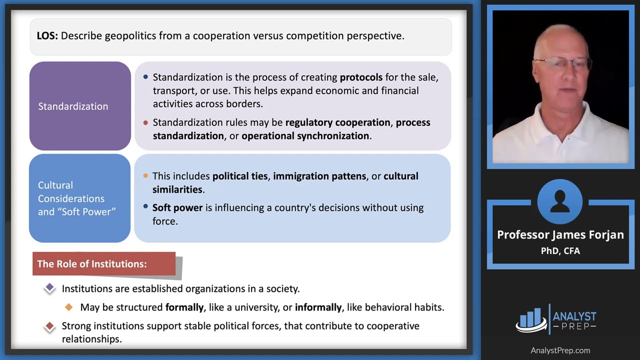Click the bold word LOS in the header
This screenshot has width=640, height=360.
47,36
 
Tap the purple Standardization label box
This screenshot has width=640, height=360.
80,106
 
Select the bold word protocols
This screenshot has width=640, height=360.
361,77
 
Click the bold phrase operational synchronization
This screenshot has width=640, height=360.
305,136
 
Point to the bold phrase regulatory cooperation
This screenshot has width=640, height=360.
337,122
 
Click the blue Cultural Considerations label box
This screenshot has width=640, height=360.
79,198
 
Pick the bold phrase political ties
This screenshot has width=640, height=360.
240,176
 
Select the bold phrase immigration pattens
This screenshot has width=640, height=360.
319,176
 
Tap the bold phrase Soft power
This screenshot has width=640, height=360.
177,207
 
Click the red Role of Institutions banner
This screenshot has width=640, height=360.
104,263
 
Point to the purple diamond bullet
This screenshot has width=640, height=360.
49,288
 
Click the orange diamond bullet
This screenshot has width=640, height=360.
68,307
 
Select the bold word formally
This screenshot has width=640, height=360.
184,307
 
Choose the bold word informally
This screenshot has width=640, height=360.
318,307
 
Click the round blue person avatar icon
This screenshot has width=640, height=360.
559,201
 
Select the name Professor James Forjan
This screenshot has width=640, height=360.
560,235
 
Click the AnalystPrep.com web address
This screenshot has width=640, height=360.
560,350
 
